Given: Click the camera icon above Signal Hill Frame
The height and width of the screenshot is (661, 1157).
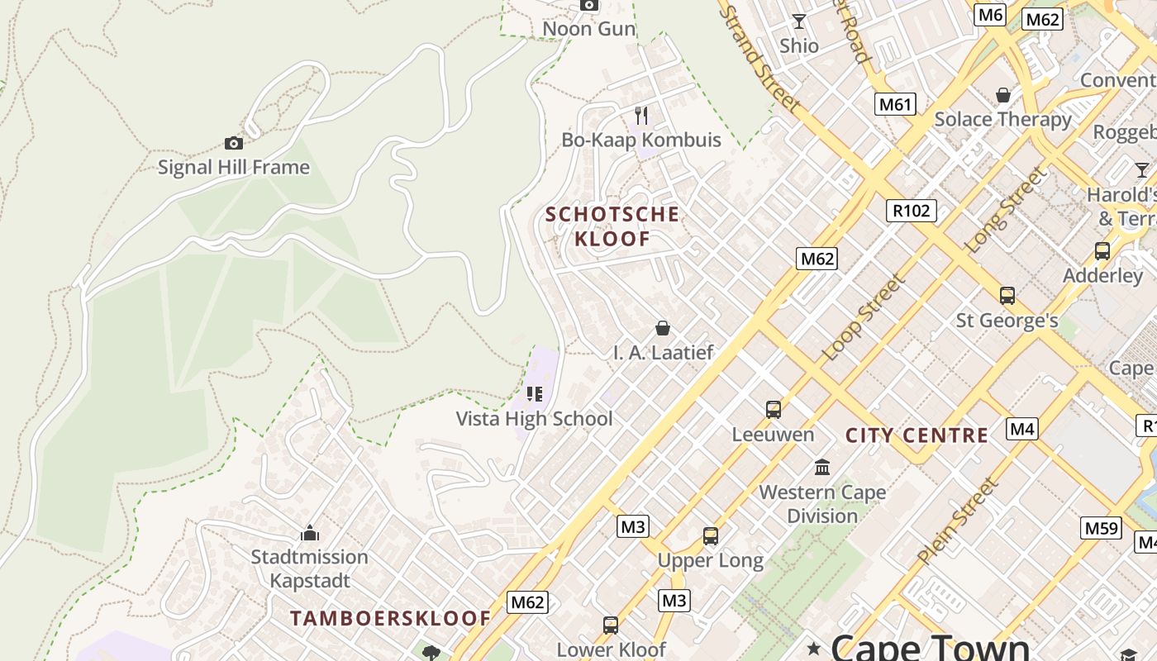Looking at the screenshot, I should [x=234, y=143].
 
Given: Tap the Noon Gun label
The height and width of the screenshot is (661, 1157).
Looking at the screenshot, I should [x=588, y=29].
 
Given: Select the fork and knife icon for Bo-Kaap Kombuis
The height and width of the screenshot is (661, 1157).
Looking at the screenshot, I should [x=641, y=116].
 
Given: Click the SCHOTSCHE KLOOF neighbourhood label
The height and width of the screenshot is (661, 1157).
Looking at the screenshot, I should [x=612, y=226].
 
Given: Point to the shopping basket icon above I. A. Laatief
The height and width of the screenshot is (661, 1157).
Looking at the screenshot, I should [x=662, y=328].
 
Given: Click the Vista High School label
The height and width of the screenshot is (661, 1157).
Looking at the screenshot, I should [x=535, y=419].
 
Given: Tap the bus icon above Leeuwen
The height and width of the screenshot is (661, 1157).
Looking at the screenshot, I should [x=774, y=409].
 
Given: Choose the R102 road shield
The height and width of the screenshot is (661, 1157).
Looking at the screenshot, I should [x=912, y=211].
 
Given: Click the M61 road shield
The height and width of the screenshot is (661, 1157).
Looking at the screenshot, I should [x=896, y=104].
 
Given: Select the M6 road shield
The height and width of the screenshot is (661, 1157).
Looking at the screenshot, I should [x=989, y=15].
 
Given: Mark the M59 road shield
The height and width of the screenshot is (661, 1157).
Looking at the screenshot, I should [x=1101, y=528].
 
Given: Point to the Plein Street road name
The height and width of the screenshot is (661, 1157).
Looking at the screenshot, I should [x=958, y=521].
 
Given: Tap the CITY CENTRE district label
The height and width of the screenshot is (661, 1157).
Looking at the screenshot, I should [x=917, y=435].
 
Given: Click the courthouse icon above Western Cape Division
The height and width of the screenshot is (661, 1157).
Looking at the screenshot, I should [x=822, y=468].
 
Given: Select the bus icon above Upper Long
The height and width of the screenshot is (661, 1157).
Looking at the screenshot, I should [x=711, y=535].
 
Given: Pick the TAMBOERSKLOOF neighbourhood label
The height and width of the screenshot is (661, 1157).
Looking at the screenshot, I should [x=390, y=618].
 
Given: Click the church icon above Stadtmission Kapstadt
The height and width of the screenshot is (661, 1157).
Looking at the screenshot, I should [x=310, y=533].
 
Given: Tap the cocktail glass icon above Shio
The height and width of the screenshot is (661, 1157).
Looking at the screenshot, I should [x=799, y=21].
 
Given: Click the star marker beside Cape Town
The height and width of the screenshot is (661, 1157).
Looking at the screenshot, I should [x=814, y=649].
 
